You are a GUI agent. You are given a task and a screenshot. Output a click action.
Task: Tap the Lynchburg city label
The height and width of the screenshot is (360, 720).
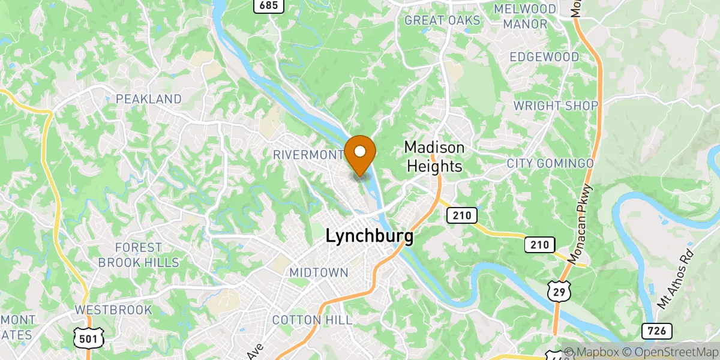369,236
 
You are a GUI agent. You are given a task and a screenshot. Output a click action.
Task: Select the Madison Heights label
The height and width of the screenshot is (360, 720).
434,157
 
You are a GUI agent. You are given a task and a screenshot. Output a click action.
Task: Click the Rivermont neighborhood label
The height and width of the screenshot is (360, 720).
308,155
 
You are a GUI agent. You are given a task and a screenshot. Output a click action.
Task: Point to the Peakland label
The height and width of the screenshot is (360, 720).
149,98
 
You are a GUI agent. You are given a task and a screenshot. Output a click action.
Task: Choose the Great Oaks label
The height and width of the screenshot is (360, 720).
443,20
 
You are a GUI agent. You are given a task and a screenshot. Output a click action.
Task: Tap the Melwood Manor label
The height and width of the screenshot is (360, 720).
525,17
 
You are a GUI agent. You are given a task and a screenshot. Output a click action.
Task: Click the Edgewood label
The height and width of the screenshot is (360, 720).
544,57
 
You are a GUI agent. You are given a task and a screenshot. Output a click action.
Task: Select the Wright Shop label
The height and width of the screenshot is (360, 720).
556,106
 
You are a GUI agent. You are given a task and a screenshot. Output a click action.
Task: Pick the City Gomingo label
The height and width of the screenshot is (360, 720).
550,163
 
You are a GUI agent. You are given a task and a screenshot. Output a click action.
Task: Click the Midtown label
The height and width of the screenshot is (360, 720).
319,272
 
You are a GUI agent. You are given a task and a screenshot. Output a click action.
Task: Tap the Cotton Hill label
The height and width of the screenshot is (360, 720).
313,320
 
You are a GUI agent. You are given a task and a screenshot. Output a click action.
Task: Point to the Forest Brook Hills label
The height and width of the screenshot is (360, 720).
139,254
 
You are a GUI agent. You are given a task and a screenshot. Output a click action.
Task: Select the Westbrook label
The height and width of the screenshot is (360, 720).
113,310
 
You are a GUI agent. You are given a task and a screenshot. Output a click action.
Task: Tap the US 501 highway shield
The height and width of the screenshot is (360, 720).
89,339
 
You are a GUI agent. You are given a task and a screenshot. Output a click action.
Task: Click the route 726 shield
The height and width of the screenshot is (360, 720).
656,331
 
